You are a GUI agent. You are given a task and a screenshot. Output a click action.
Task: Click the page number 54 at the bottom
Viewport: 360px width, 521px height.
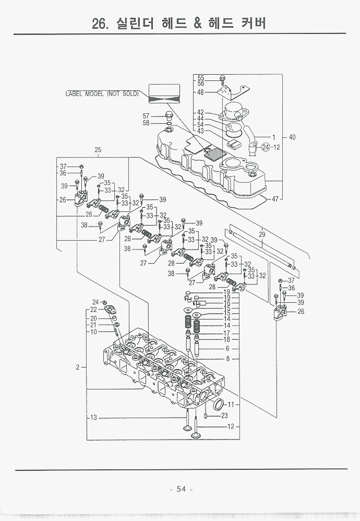[181, 489]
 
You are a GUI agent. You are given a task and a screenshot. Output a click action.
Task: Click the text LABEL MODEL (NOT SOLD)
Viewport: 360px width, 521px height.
[102, 93]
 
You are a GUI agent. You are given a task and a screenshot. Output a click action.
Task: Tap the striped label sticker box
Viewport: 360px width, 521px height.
[164, 93]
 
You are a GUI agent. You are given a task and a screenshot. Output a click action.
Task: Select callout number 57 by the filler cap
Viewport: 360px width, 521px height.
[146, 116]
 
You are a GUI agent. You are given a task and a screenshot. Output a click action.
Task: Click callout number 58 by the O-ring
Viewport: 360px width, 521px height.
[146, 123]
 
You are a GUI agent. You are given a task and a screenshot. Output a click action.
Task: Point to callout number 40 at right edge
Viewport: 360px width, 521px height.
[292, 137]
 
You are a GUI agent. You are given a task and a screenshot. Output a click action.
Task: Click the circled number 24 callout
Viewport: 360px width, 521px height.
[266, 147]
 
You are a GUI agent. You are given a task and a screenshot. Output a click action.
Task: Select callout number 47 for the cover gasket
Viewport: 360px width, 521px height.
[275, 199]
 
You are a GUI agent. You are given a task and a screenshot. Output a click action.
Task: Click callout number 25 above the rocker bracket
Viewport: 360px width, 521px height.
[98, 150]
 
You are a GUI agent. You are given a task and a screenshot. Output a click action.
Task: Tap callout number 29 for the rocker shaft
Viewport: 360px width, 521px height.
[262, 234]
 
